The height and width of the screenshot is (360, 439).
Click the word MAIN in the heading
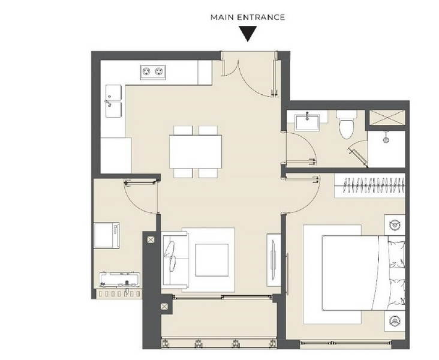pyautogui.click(x=222, y=17)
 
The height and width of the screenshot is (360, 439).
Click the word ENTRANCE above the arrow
pyautogui.click(x=261, y=17)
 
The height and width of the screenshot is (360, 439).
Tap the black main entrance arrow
pyautogui.click(x=248, y=34)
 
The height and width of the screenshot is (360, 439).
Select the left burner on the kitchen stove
pyautogui.click(x=146, y=72)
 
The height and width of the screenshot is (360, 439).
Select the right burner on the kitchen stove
pyautogui.click(x=160, y=72)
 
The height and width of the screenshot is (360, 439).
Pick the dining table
pyautogui.click(x=196, y=152)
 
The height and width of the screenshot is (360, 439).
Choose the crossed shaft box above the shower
pyautogui.click(x=387, y=118)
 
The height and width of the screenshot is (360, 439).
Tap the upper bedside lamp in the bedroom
pyautogui.click(x=395, y=224)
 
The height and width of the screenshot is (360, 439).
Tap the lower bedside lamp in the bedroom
pyautogui.click(x=395, y=321)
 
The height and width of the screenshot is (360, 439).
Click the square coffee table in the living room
pyautogui.click(x=212, y=260)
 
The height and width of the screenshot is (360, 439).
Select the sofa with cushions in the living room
pyautogui.click(x=175, y=261)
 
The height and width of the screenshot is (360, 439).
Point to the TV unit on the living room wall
pyautogui.click(x=273, y=260)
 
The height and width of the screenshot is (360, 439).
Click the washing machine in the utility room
pyautogui.click(x=107, y=236)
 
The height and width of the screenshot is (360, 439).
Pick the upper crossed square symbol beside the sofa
pyautogui.click(x=151, y=239)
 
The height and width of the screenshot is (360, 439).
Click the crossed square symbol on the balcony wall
pyautogui.click(x=164, y=307)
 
